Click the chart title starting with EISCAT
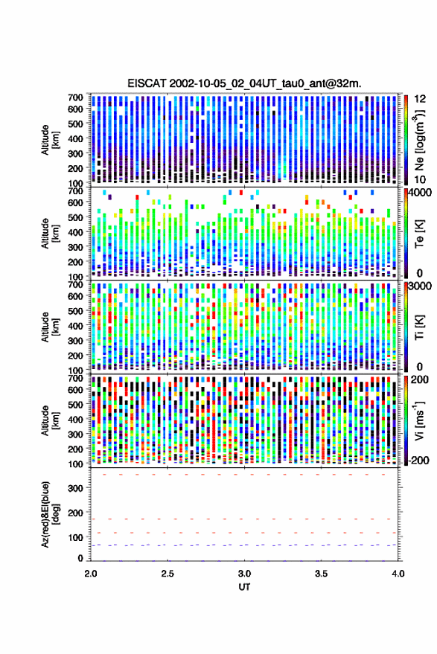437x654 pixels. coord(245,83)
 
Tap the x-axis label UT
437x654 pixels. coord(244,587)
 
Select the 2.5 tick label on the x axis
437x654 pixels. coord(168,574)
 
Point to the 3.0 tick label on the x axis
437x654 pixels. coord(245,574)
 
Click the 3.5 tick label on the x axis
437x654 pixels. coord(322,574)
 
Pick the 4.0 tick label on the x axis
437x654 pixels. coord(398,574)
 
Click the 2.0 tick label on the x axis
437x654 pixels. coord(91,574)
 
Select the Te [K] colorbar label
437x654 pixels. coord(419,233)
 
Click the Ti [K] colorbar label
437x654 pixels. coord(419,327)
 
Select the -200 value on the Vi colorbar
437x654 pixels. coord(418,460)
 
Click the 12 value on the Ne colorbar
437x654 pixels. coord(420,99)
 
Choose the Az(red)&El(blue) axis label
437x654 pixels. coord(49,514)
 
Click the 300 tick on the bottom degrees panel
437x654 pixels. coord(75,488)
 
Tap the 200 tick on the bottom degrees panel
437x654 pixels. coord(75,513)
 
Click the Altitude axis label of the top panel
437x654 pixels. coord(49,140)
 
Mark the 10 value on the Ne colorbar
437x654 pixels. coord(420,179)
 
